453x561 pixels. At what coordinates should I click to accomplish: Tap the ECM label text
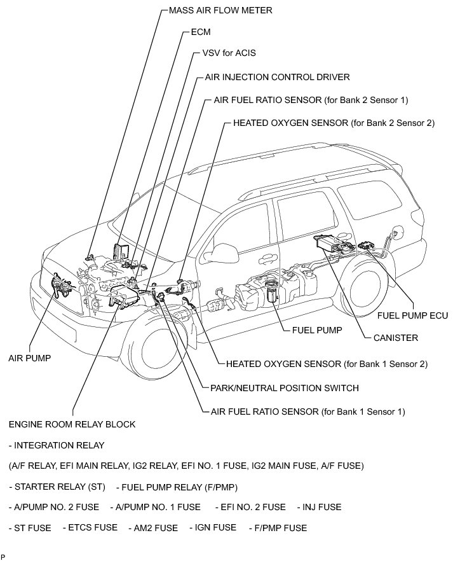201,31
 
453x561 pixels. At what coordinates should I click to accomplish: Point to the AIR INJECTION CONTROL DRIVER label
278,77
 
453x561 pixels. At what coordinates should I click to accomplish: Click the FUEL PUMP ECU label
412,315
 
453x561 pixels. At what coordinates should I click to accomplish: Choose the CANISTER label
395,338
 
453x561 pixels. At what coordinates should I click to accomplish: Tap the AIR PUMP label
29,358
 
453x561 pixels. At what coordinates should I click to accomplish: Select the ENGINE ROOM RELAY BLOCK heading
72,424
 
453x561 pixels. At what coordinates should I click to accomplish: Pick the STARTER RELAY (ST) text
57,487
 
